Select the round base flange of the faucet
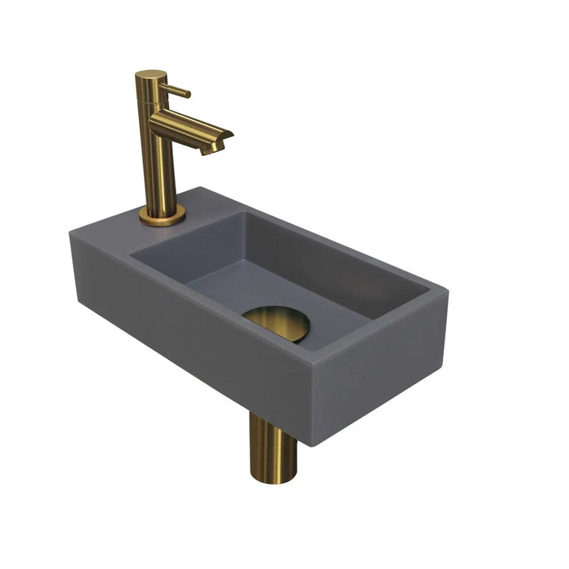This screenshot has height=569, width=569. [162, 215]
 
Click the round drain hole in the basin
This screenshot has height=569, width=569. [276, 323]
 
